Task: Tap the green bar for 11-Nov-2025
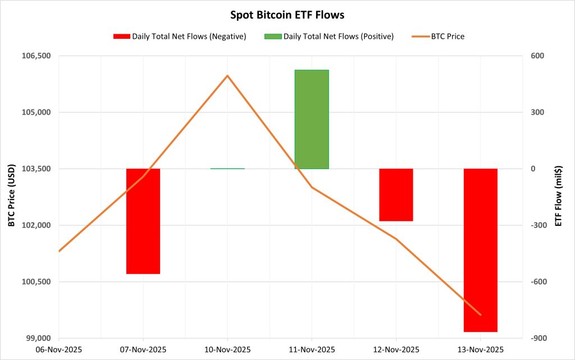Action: click(312, 119)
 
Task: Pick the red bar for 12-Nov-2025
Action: click(396, 194)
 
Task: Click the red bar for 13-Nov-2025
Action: click(480, 250)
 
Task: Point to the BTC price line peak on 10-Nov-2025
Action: click(227, 75)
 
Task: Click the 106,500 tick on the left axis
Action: click(35, 56)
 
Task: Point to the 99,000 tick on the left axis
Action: click(37, 338)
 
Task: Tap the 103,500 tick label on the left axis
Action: click(35, 169)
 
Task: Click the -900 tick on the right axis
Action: click(533, 338)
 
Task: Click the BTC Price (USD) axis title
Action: click(11, 197)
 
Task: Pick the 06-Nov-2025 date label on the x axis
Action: click(59, 349)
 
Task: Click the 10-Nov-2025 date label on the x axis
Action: click(227, 349)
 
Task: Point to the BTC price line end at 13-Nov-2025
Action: click(480, 315)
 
